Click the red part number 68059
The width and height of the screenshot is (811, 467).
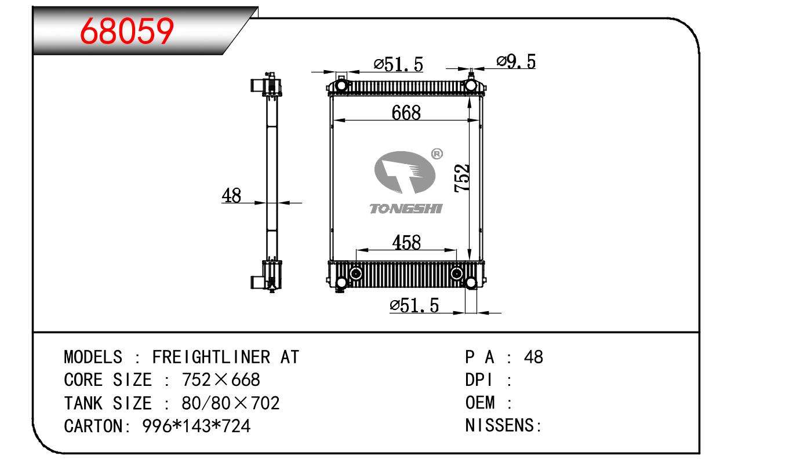[127, 31]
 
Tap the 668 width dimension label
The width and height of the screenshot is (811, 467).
[406, 112]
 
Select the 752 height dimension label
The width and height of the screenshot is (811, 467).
[461, 178]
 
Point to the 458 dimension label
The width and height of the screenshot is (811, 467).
[406, 242]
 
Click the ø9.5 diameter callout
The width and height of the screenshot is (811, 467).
[516, 61]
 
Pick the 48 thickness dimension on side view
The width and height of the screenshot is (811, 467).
[231, 195]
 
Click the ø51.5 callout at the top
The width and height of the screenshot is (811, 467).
[398, 64]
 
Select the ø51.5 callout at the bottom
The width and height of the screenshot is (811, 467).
[414, 305]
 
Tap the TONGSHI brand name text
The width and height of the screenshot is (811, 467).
[406, 209]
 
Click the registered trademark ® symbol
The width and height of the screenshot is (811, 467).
[437, 154]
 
